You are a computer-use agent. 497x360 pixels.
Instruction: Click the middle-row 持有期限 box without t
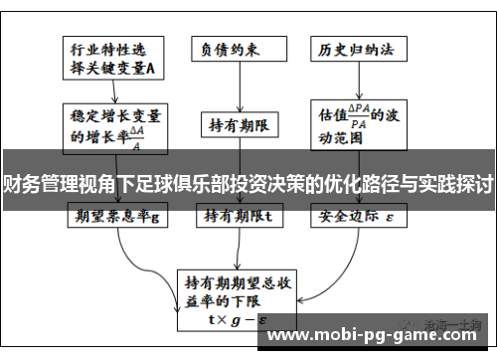242,125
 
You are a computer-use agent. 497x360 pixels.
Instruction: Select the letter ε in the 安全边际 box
390,215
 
